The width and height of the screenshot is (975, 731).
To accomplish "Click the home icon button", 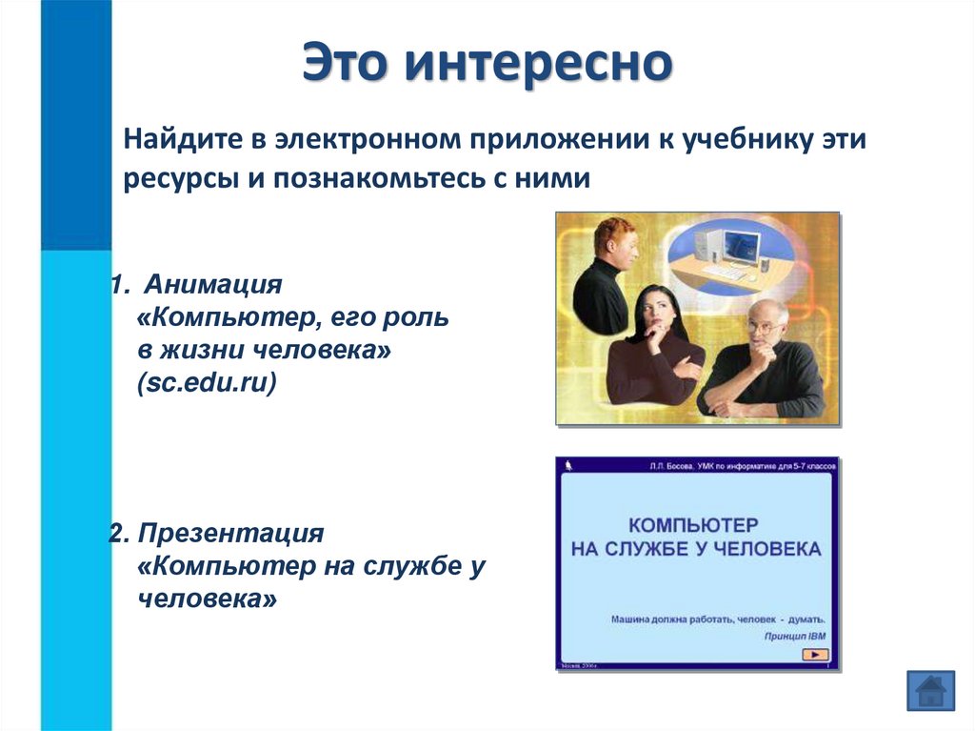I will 930,689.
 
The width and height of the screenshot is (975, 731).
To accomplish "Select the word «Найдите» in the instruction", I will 176,140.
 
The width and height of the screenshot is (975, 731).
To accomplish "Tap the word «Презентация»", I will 237,532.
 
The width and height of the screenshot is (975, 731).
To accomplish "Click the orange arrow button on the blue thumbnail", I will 816,654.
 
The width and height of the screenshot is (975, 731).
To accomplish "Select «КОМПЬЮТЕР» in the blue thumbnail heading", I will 693,525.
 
